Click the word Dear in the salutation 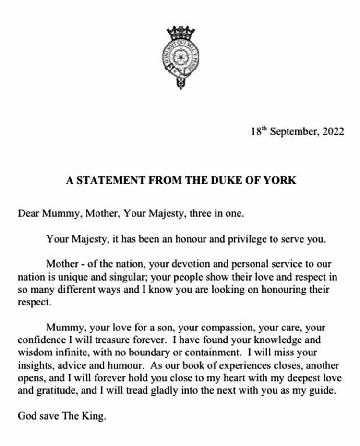point(28,213)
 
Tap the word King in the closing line point(94,416)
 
